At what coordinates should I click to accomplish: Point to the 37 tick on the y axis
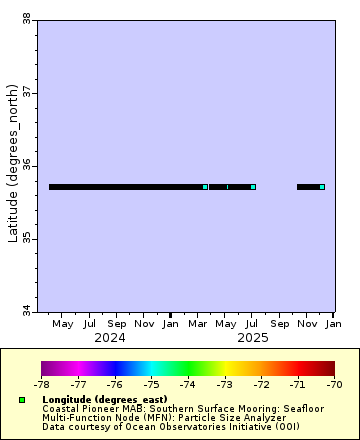(25, 92)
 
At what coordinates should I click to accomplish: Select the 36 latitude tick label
(25, 165)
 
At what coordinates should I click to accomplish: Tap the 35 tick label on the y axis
(25, 239)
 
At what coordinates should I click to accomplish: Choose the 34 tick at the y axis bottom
(25, 312)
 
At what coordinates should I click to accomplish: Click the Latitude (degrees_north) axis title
(12, 165)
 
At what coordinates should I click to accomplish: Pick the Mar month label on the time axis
(198, 324)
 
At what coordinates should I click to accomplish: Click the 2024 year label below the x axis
(110, 338)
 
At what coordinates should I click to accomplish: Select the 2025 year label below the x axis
(253, 338)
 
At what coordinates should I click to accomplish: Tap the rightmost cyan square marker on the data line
(322, 187)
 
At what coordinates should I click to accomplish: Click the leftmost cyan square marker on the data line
(205, 187)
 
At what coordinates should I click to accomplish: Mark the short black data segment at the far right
(308, 187)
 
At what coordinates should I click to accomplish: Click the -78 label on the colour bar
(42, 383)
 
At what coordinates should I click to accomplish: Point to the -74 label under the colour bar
(188, 383)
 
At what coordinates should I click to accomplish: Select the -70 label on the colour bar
(334, 383)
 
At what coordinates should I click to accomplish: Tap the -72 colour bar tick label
(261, 383)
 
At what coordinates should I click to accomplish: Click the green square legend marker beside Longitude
(22, 399)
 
